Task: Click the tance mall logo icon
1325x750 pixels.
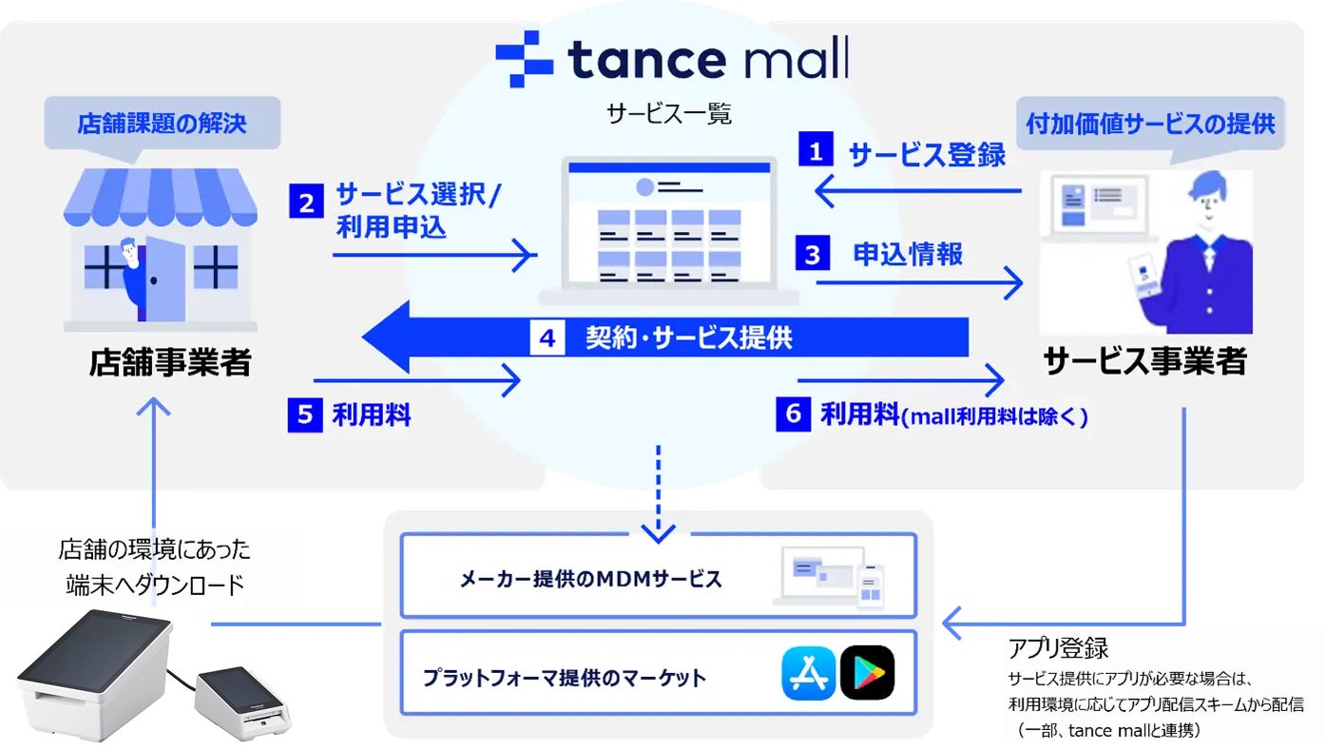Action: coord(524,59)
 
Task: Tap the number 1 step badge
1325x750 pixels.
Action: coord(816,152)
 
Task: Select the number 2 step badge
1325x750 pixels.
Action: coord(307,202)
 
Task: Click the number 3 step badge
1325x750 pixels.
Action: coord(813,256)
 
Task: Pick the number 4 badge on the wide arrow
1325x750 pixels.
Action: coord(547,337)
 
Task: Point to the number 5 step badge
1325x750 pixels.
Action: coord(305,415)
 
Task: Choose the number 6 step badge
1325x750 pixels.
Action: coord(794,415)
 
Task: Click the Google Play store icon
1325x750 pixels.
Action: coord(867,673)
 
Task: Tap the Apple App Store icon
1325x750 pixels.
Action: coord(808,673)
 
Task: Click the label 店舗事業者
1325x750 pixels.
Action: coord(170,362)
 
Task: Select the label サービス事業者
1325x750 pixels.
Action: coord(1144,362)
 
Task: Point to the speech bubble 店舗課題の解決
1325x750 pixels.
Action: coord(162,125)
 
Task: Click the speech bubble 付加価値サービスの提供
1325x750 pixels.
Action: coord(1150,125)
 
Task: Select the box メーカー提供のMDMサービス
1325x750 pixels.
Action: coord(658,576)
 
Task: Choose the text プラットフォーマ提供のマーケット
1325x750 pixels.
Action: coord(566,678)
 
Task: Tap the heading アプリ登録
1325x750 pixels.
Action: coord(1058,649)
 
